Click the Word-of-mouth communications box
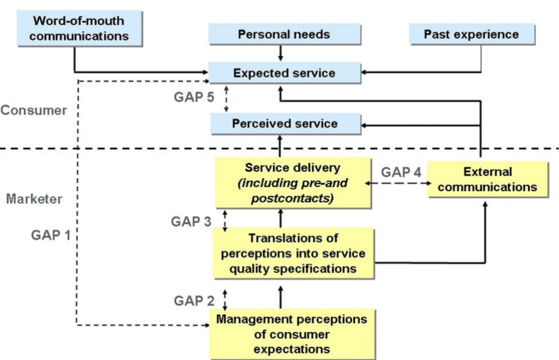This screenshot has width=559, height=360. coord(79,29)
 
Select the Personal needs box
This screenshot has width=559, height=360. coord(284,35)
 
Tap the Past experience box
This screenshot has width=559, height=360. coord(471,35)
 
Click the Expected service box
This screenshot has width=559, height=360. coord(284,73)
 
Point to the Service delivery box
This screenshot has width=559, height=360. coord(292,182)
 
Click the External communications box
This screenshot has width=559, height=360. coord(487,180)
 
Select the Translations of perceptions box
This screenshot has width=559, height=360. coord(293,253)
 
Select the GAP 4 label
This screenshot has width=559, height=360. coord(401,172)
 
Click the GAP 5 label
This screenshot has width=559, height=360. coord(194,98)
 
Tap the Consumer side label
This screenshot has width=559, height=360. coord(34,110)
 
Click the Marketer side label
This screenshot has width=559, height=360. coord(34,199)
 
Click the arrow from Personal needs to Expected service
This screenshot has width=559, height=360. coord(281,53)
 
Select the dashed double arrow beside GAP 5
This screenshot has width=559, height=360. coord(227,98)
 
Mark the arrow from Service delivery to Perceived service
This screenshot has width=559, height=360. coord(281,146)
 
